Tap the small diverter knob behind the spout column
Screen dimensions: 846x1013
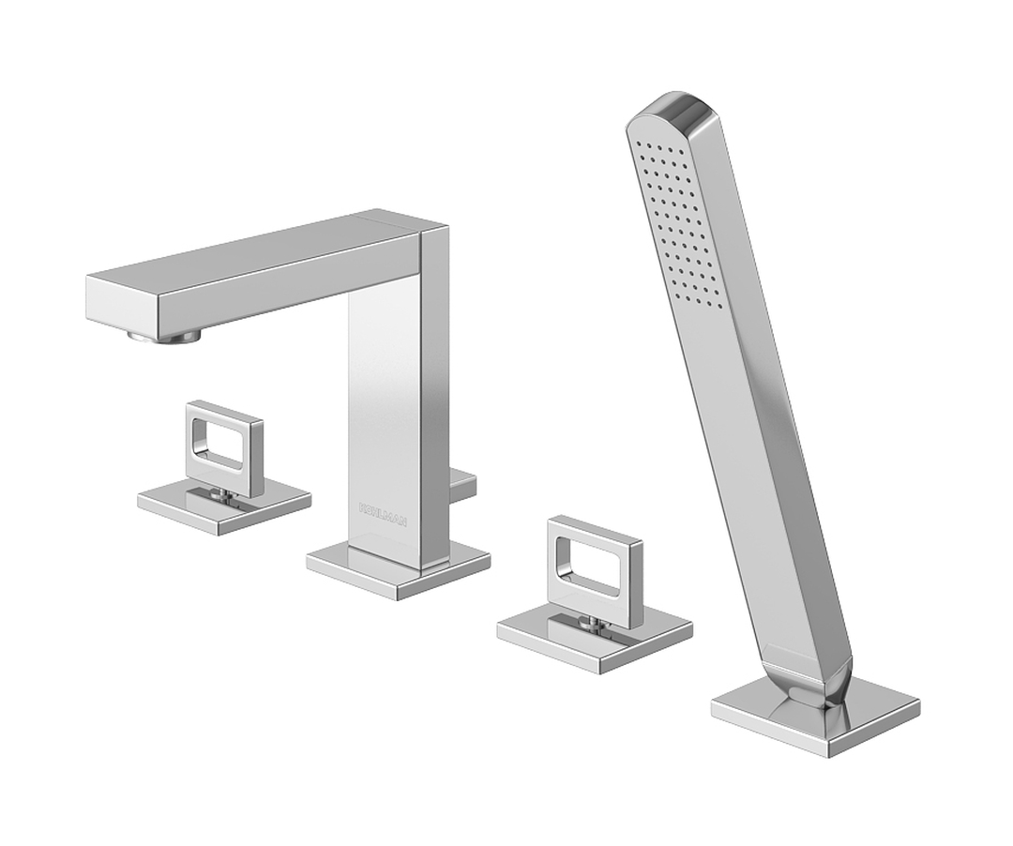[x=463, y=484]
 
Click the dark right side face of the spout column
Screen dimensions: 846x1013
[x=434, y=394]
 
